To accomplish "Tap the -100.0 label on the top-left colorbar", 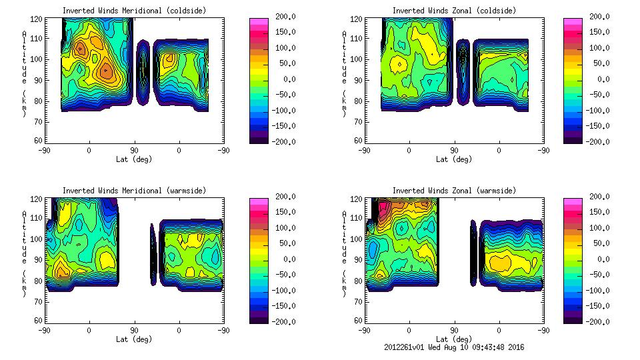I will point(285,110).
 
